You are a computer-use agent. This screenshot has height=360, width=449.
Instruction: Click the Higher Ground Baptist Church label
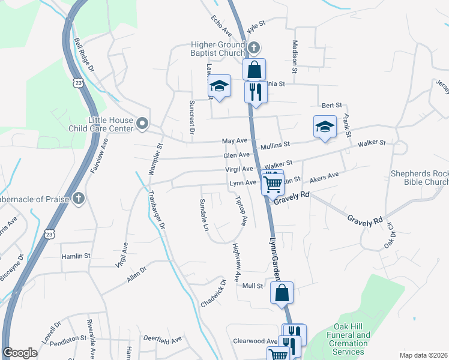click(218, 49)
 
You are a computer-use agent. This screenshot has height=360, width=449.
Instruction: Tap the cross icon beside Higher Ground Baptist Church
click(254, 47)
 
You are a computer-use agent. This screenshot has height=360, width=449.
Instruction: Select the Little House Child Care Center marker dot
click(142, 124)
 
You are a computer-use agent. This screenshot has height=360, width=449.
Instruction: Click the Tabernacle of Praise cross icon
click(79, 199)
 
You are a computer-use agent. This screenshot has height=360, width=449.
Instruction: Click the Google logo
click(20, 353)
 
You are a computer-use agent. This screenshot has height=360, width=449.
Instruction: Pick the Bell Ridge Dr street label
click(84, 55)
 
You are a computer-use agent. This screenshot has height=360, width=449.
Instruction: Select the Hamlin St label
click(76, 256)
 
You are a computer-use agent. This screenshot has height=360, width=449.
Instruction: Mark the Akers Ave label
click(324, 178)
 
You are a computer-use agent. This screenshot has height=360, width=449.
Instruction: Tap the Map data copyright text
click(423, 355)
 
